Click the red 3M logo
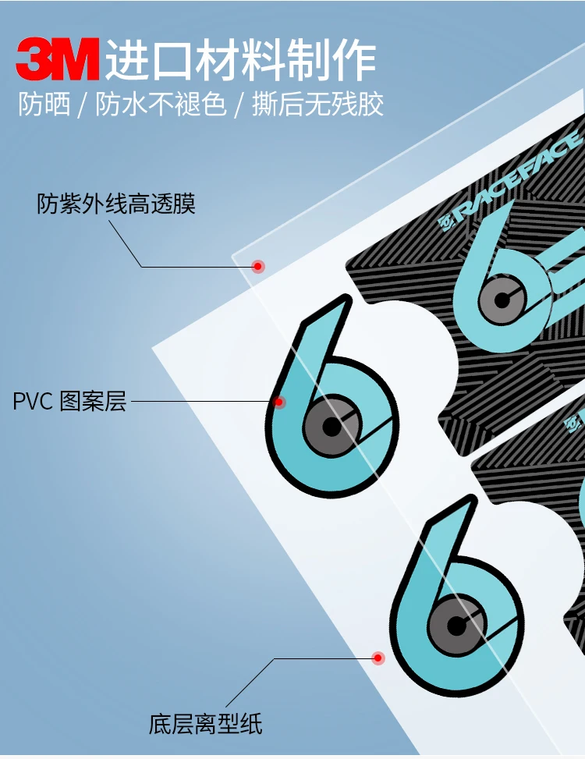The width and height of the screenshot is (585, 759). pos(58,59)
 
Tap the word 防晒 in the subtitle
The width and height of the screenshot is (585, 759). pos(44,105)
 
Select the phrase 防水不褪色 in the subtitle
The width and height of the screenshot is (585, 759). pos(161,105)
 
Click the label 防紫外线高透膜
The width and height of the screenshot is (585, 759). pos(116,204)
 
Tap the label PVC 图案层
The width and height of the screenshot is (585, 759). pos(69,403)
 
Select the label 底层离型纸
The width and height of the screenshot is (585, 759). pos(206,724)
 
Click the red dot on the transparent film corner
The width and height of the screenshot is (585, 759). pos(257,267)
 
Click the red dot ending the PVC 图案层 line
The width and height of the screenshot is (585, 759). pos(278,403)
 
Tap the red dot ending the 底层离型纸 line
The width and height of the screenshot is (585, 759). pos(378,658)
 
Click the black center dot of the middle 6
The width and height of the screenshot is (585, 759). pos(331,427)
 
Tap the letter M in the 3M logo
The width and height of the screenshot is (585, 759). pos(76,59)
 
